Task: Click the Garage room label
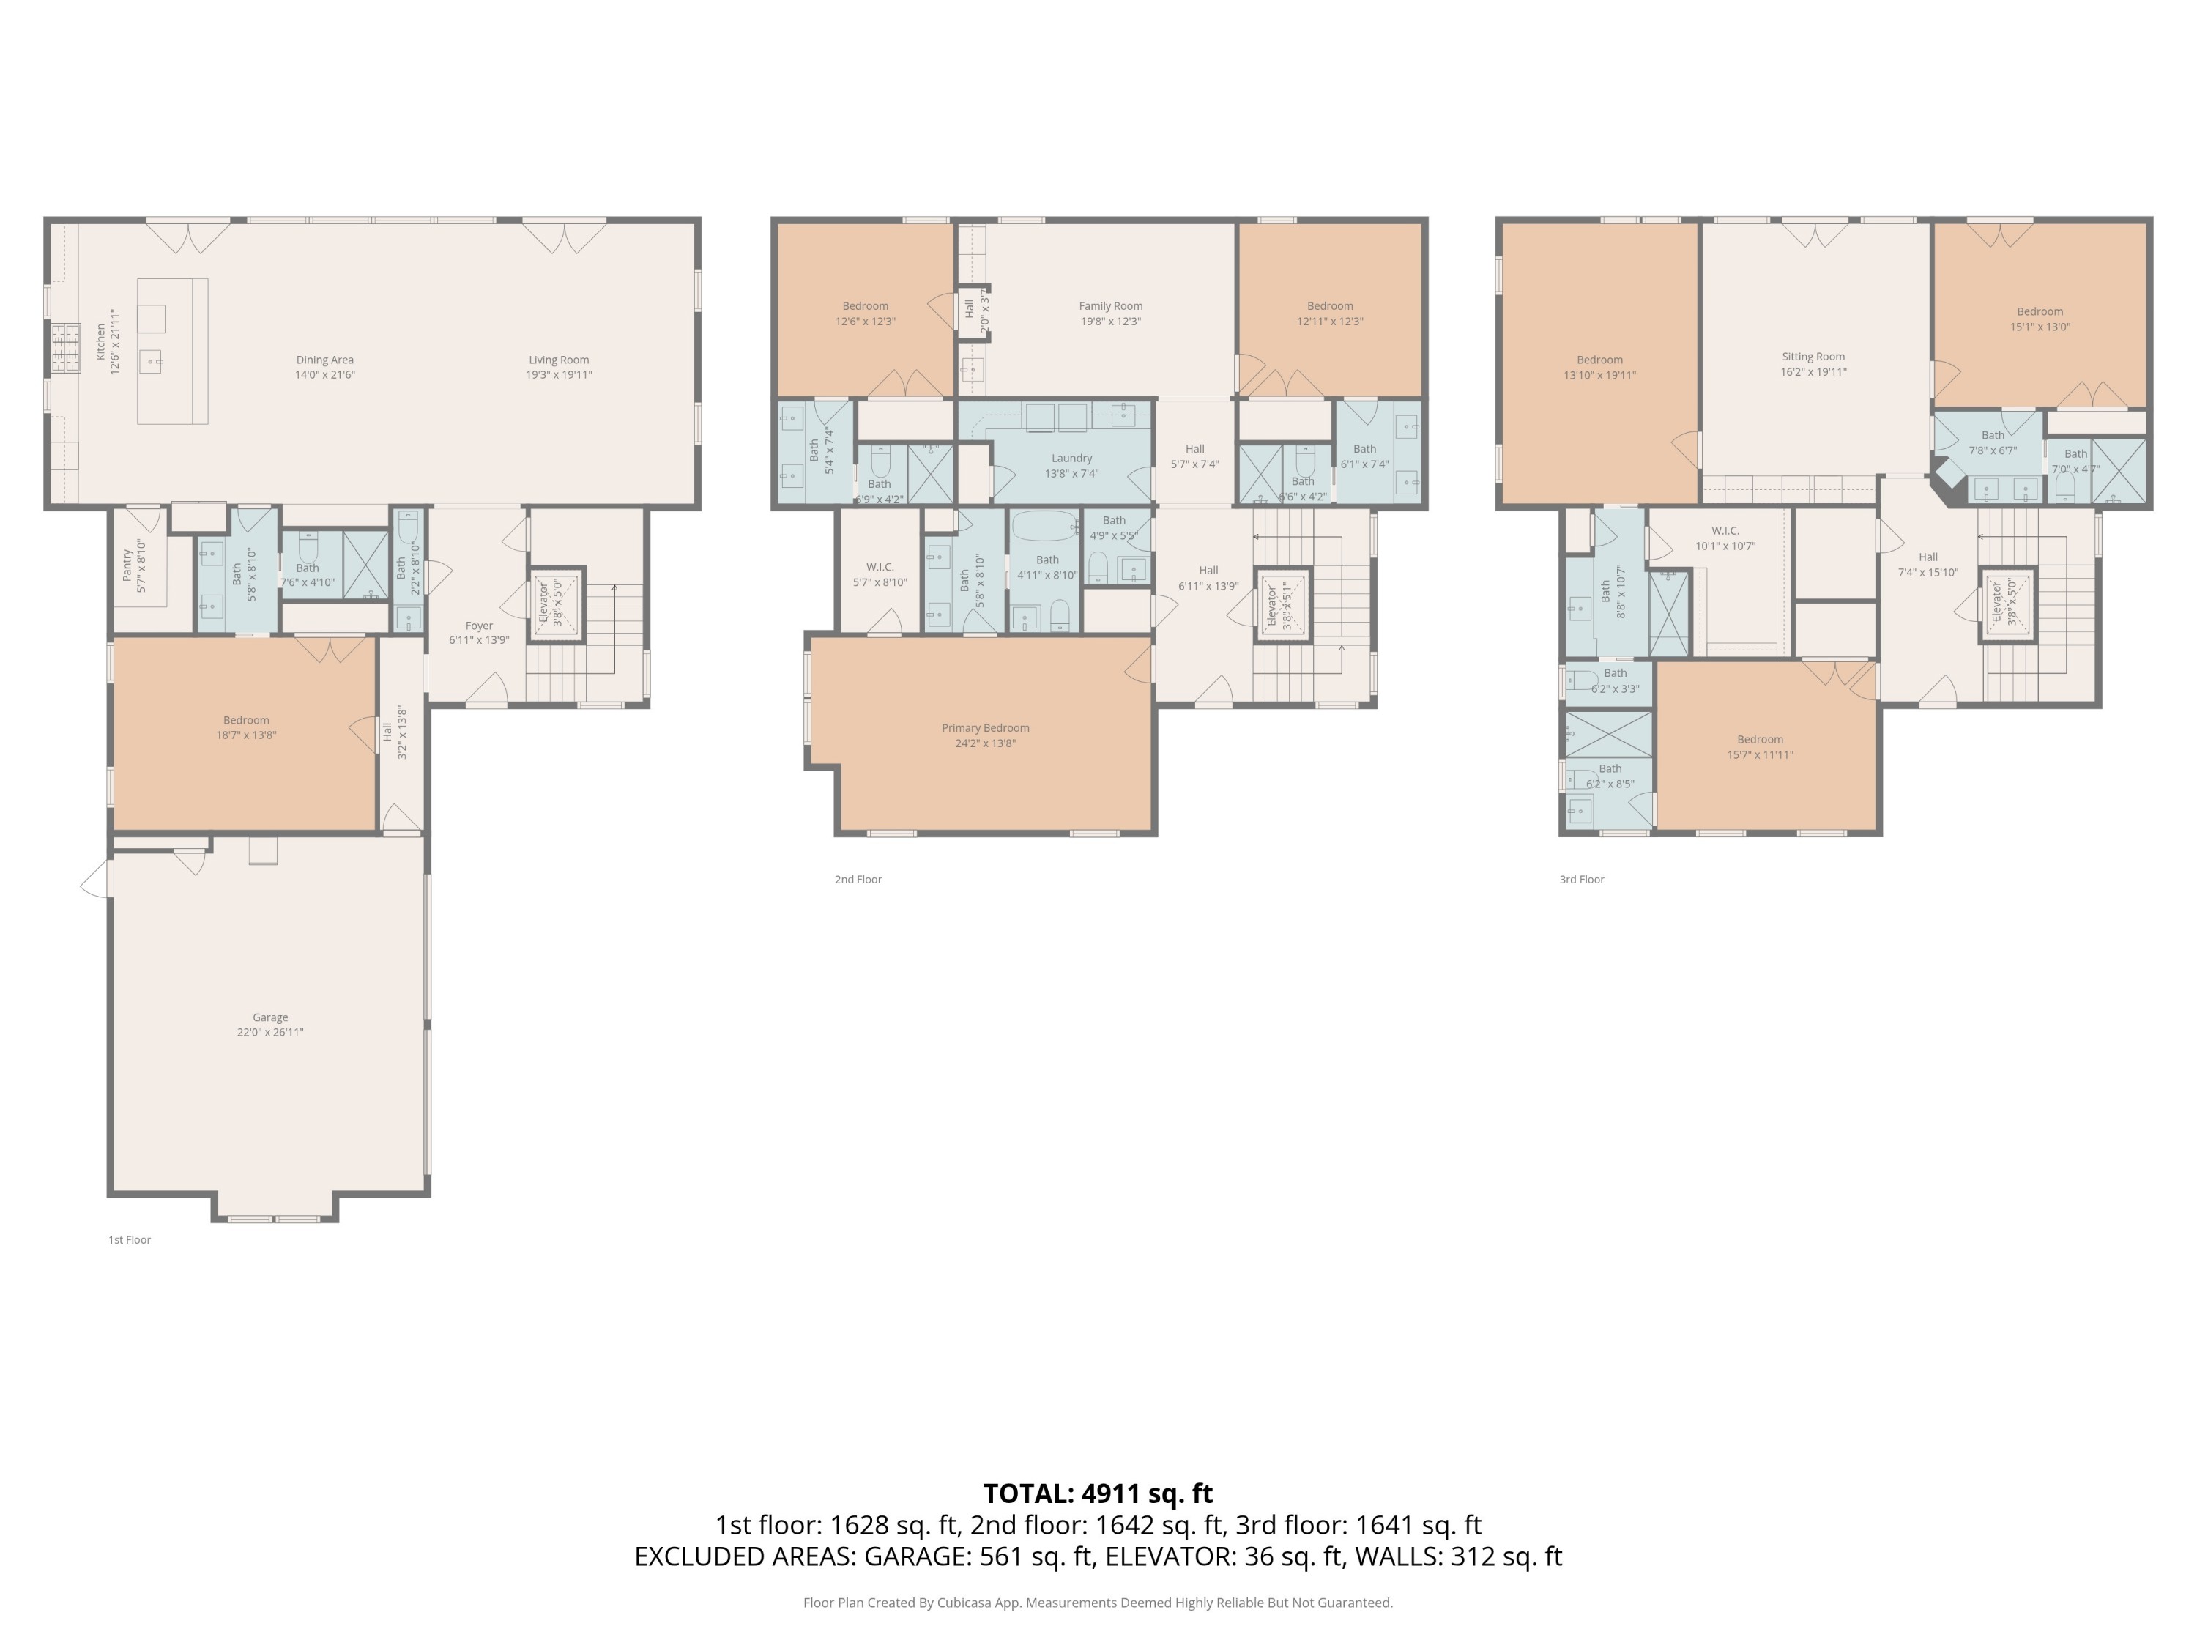(x=269, y=1017)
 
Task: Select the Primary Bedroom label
(x=985, y=728)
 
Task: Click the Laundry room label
(x=1071, y=458)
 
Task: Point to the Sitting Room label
(x=1813, y=357)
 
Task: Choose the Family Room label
(x=1110, y=306)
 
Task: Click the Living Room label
(x=558, y=360)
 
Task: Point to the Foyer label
(x=479, y=626)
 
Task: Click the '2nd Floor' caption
(x=858, y=879)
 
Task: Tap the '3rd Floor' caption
(x=1581, y=879)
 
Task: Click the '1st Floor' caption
(x=129, y=1240)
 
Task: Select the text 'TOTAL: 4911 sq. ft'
(x=1098, y=1493)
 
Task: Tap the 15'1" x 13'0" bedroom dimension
(x=2040, y=327)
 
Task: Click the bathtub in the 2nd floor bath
(x=1043, y=524)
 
